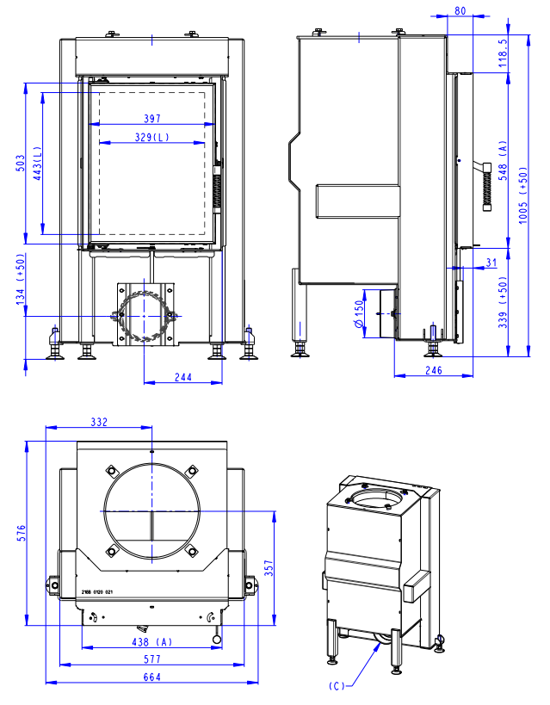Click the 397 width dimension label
[152, 118]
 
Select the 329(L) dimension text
[152, 137]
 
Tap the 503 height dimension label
[21, 164]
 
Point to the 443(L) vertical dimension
[37, 164]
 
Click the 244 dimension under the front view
[183, 377]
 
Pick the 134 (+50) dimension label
[21, 279]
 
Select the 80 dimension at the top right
[460, 10]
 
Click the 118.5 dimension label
[503, 53]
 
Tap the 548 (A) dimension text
[503, 160]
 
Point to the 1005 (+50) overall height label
[522, 195]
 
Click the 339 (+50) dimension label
[503, 302]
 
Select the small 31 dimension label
[491, 262]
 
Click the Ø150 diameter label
[358, 313]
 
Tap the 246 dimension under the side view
[434, 370]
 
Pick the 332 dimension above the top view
[99, 422]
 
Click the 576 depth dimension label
[22, 533]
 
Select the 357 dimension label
[269, 568]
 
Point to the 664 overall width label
[152, 677]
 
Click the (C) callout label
[337, 686]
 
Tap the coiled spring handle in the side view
[486, 187]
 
